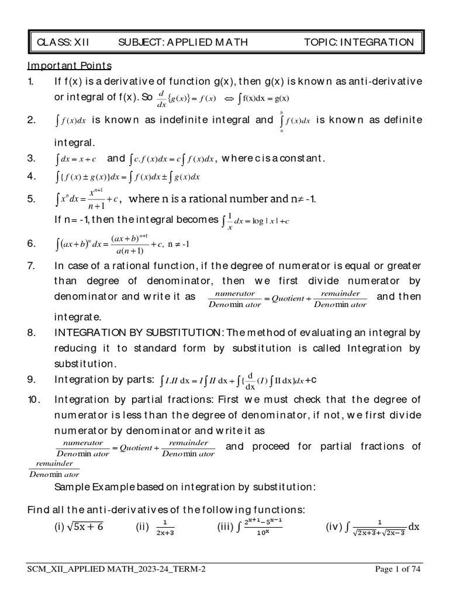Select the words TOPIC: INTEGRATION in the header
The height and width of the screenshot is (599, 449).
pyautogui.click(x=359, y=42)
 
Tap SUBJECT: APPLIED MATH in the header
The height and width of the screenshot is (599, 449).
pyautogui.click(x=182, y=42)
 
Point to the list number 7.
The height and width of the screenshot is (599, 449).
pyautogui.click(x=32, y=266)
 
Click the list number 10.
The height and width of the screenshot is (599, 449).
pyautogui.click(x=33, y=400)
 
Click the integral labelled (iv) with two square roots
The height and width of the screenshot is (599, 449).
pyautogui.click(x=372, y=527)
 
